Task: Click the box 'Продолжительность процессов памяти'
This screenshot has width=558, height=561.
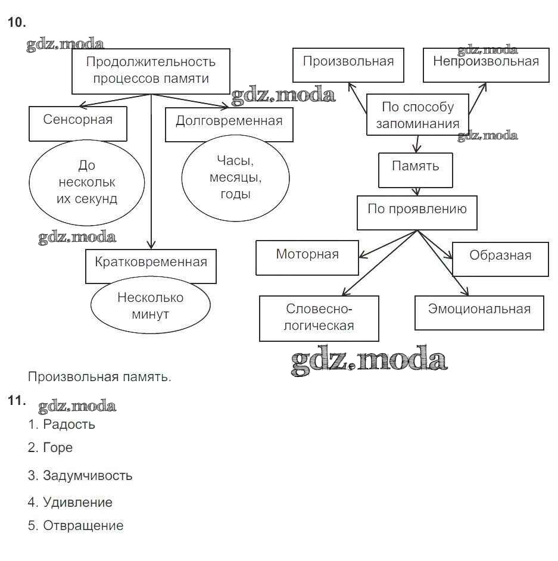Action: click(151, 71)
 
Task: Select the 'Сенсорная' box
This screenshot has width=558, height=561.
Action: click(77, 123)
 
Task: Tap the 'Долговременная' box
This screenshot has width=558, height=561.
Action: click(229, 124)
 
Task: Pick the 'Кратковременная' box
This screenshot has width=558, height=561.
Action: click(151, 266)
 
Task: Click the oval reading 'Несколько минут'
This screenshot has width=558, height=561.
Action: click(151, 306)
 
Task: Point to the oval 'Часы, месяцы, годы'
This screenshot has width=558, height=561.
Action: click(235, 177)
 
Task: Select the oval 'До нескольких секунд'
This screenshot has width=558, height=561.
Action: click(87, 182)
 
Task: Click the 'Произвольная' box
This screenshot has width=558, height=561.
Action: click(348, 64)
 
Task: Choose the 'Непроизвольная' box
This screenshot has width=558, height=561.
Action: click(485, 64)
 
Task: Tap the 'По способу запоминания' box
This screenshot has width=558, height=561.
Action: click(417, 115)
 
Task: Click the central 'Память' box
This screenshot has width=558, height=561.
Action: click(415, 169)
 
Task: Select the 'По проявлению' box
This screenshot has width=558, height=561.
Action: click(417, 213)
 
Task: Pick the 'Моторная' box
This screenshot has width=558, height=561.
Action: click(307, 257)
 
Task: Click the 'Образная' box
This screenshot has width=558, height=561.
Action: click(500, 258)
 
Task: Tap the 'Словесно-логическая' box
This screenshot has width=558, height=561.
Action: click(319, 318)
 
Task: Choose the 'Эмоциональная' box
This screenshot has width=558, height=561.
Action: click(479, 312)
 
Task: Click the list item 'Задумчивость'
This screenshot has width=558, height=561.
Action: click(88, 476)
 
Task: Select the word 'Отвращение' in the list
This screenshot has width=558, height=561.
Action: click(83, 526)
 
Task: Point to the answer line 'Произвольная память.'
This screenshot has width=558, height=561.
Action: click(99, 377)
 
